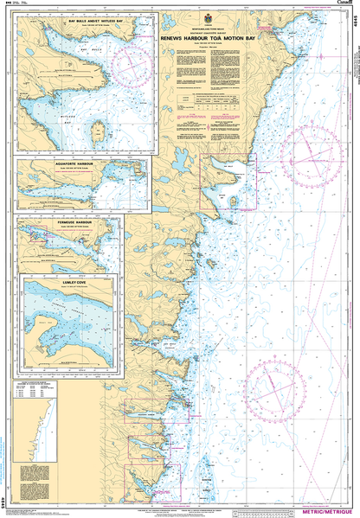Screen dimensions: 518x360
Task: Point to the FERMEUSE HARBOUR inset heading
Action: point(64,222)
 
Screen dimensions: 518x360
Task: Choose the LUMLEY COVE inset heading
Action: point(64,281)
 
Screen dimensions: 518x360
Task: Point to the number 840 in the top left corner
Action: point(8,4)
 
